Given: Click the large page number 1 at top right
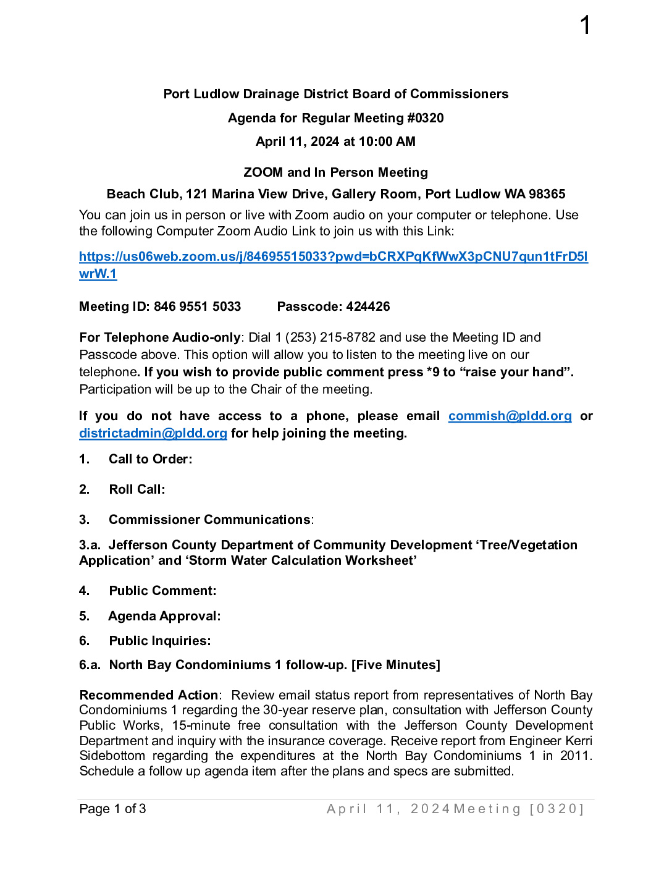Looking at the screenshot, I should tap(585, 26).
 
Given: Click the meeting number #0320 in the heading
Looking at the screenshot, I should tap(425, 118).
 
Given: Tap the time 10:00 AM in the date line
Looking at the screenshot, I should tap(387, 141).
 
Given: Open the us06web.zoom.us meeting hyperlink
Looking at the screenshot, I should tap(333, 256).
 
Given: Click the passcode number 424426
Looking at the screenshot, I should tap(368, 306).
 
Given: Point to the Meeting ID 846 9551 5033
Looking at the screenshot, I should tap(197, 306).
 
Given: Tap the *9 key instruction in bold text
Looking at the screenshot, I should tap(433, 372).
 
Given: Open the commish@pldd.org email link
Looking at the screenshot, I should tap(510, 416).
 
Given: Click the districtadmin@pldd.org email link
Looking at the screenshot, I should tap(153, 433).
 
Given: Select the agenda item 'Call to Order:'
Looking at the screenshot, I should tap(150, 459).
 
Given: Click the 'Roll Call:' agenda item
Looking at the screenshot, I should tap(136, 489).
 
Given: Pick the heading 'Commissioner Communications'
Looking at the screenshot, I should tap(209, 520).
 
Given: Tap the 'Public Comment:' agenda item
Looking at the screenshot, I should tap(162, 591).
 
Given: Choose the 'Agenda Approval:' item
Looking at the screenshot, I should tap(164, 616).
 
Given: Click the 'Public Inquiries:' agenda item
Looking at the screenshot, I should tap(160, 641).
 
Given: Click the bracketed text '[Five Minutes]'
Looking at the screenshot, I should tap(395, 665).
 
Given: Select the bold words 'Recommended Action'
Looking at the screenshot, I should tap(149, 695).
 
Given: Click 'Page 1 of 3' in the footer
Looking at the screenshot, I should tap(113, 809).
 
